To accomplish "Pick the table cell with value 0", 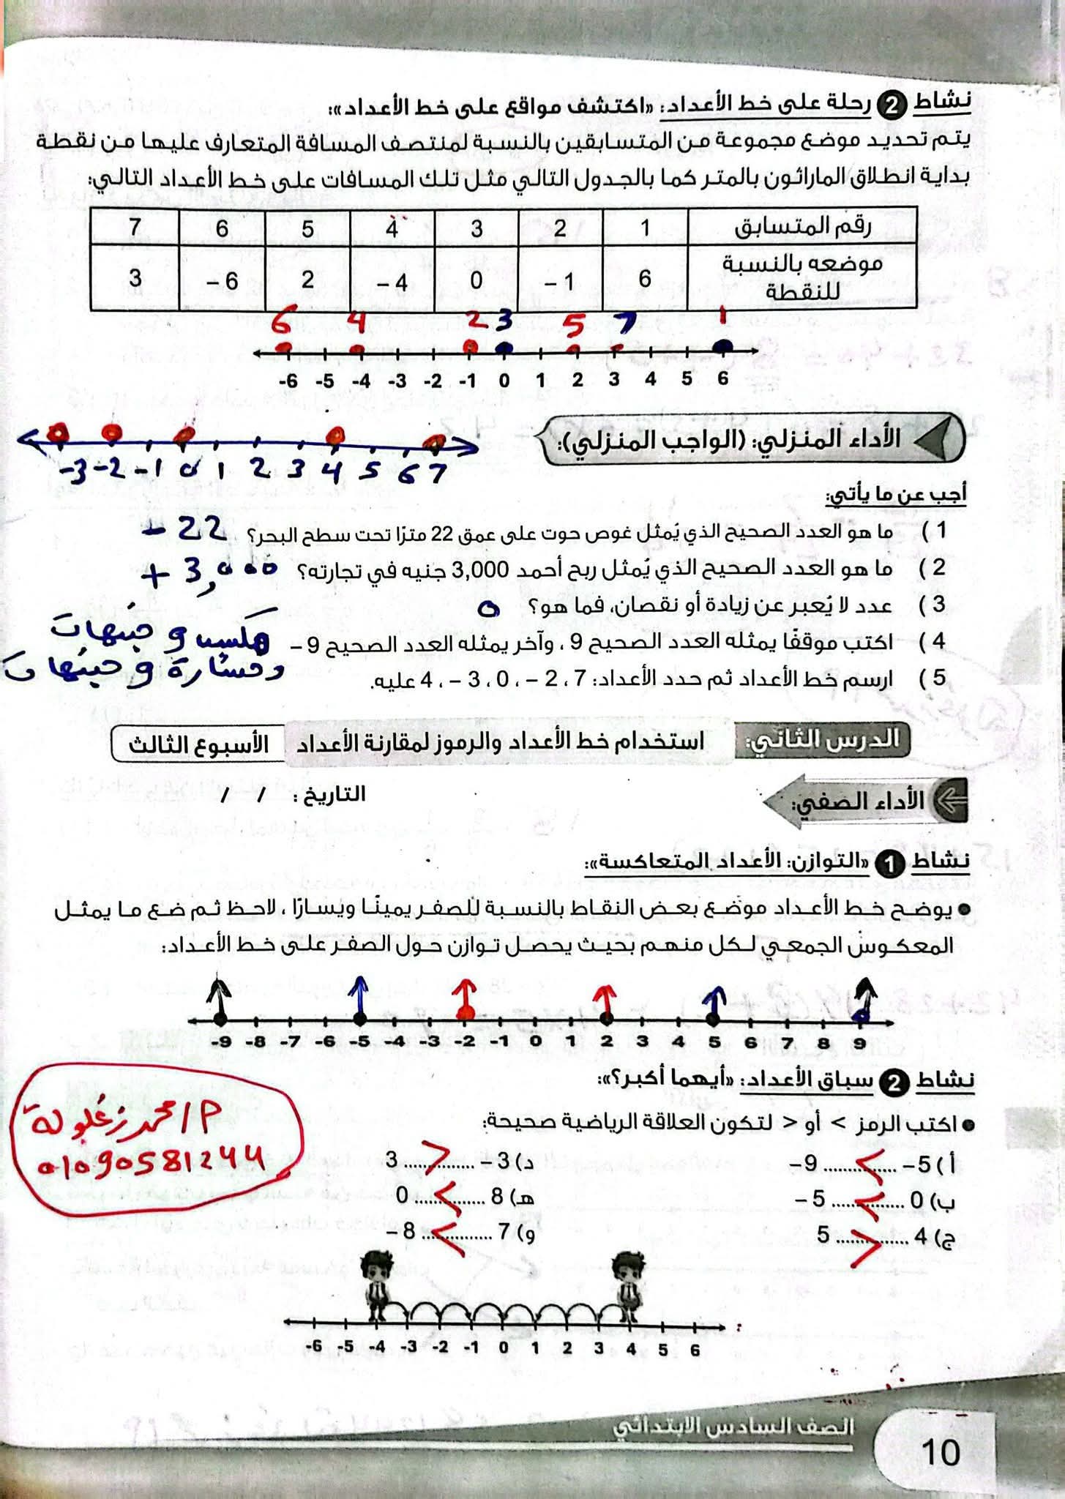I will pyautogui.click(x=476, y=280).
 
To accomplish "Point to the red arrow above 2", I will pyautogui.click(x=605, y=995).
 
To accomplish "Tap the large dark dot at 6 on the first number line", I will pyautogui.click(x=723, y=348).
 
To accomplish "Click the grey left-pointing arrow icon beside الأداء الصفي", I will pyautogui.click(x=950, y=800).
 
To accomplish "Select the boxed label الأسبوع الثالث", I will pyautogui.click(x=198, y=744).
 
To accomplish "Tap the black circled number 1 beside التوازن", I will pyautogui.click(x=890, y=864).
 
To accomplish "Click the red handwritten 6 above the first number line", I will pyautogui.click(x=280, y=323).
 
